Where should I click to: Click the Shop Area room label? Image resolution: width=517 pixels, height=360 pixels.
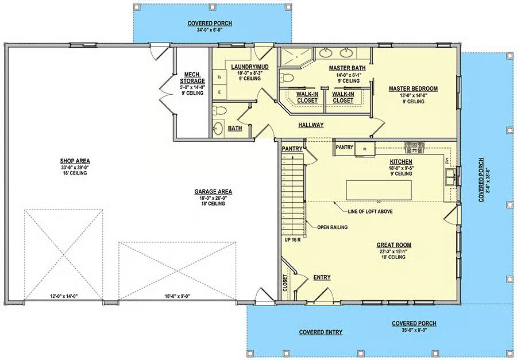(75, 161)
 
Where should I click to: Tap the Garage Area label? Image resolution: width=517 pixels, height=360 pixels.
(213, 192)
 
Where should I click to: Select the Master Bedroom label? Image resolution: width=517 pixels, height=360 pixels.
(413, 88)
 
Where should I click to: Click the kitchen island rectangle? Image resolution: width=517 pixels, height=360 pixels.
(379, 190)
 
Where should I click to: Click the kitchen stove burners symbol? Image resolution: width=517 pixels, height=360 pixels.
(414, 148)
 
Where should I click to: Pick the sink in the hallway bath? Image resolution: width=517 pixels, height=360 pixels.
(218, 128)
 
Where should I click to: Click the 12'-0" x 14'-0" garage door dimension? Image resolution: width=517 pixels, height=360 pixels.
(64, 296)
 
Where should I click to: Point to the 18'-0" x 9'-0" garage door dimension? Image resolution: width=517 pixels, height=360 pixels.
(178, 296)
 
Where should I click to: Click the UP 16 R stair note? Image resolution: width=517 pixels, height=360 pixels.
(292, 240)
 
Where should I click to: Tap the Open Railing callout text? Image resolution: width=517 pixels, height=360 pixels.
(332, 227)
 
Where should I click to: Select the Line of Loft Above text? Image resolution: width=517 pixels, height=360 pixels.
(370, 211)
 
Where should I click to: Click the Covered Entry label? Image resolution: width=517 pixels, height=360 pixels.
(321, 332)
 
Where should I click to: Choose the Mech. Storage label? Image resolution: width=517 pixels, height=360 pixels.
(192, 78)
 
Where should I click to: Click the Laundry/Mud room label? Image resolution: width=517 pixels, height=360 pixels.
(250, 67)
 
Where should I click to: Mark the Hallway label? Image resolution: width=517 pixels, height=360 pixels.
(311, 125)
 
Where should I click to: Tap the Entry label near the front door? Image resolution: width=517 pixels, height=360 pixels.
(322, 277)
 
